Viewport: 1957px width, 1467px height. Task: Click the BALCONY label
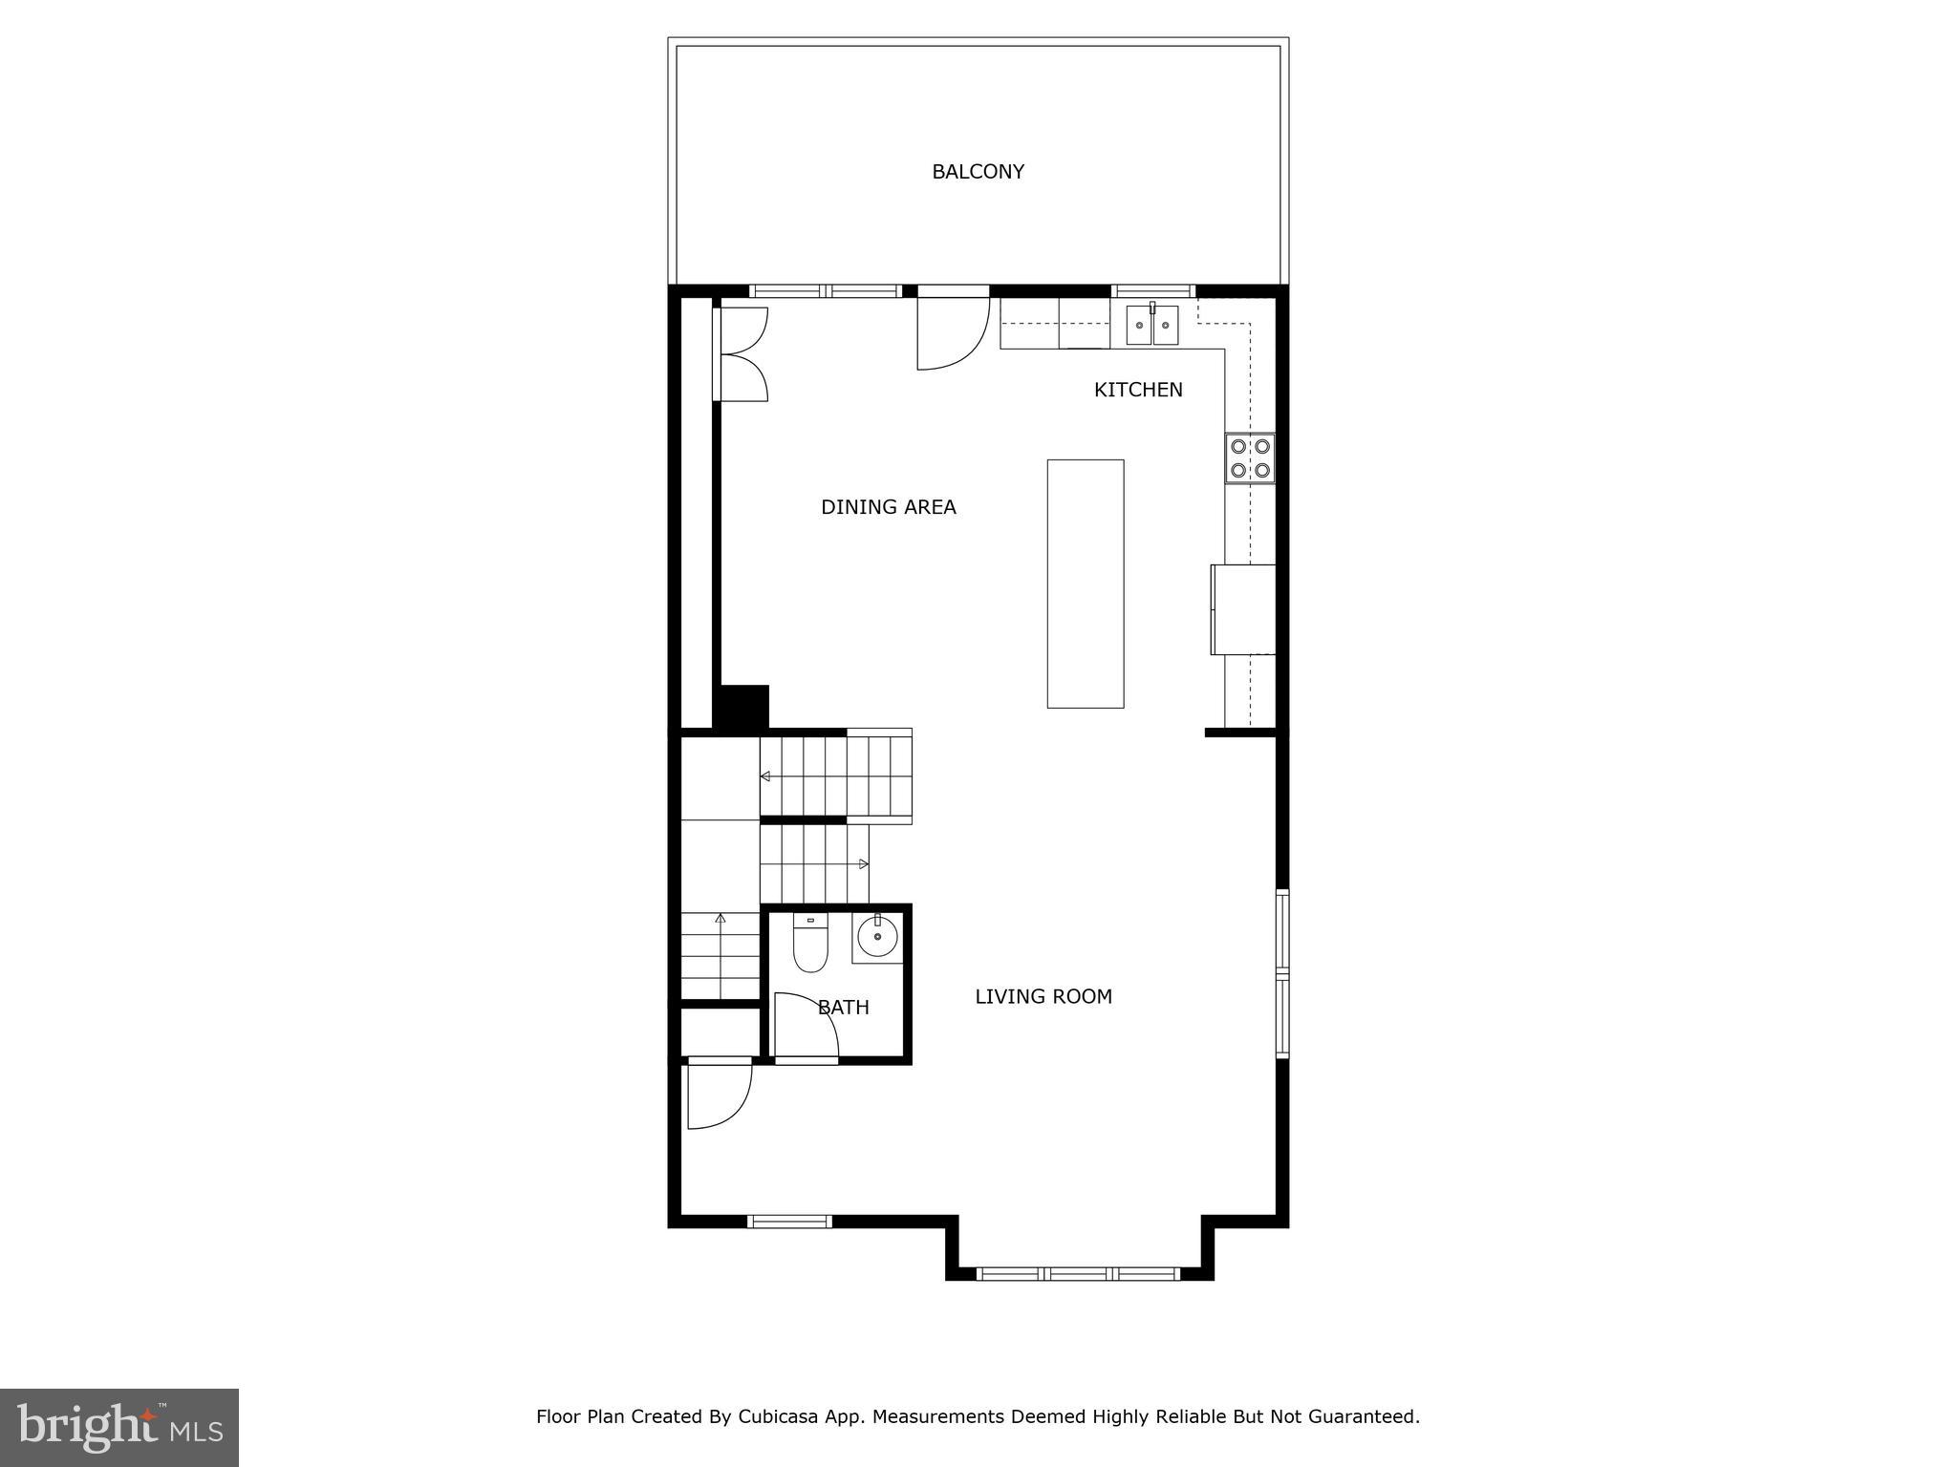coord(978,172)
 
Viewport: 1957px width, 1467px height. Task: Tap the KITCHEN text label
coord(1137,390)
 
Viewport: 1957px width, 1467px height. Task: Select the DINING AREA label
coord(888,507)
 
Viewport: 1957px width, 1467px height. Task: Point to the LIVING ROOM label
coord(1043,996)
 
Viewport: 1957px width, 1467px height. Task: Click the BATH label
coord(844,1007)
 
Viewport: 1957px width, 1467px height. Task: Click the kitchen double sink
coord(1151,326)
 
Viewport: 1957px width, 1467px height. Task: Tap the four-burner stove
coord(1250,458)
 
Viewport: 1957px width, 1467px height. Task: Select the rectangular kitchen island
coord(1085,584)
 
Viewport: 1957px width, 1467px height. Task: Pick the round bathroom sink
coord(876,937)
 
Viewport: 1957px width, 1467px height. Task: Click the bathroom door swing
coord(805,1027)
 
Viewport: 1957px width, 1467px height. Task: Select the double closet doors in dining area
coord(743,354)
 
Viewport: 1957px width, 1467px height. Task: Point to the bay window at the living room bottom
coord(1079,1273)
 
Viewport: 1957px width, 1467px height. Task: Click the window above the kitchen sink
coord(1153,291)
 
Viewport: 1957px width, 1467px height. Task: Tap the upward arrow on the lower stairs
coord(720,919)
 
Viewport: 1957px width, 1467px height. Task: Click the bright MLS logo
coord(119,1427)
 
